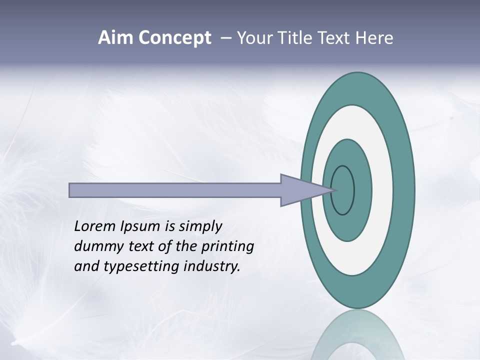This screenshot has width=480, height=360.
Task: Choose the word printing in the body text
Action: (x=227, y=247)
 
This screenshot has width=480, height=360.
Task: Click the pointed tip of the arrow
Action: (x=335, y=189)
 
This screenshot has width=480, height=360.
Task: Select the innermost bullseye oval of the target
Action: (x=343, y=190)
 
